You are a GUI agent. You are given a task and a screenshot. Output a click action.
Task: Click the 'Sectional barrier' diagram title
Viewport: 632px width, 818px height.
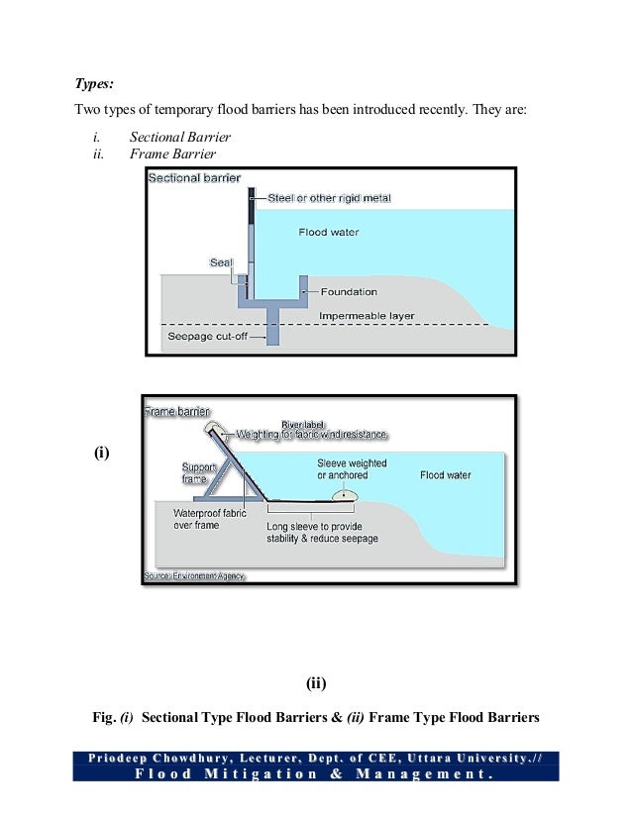tap(187, 178)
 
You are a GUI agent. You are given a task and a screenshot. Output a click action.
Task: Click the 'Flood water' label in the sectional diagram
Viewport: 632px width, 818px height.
tap(329, 234)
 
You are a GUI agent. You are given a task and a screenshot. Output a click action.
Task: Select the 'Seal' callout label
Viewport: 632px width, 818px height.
tap(219, 262)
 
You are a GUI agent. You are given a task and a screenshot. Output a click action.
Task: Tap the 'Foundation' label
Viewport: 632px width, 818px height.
tap(348, 292)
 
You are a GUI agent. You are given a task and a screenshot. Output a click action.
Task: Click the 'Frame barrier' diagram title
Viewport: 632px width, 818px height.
tap(177, 410)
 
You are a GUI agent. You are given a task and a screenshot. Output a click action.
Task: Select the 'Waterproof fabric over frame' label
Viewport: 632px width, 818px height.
tap(210, 519)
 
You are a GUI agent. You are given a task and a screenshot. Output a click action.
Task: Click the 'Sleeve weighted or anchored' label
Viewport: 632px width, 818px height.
tap(352, 468)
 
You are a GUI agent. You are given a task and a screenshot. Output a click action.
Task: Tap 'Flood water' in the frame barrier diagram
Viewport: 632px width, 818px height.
tap(446, 475)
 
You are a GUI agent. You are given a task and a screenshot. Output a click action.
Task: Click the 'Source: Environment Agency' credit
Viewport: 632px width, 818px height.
tap(193, 575)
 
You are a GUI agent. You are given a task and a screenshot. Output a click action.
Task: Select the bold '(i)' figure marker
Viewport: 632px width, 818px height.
tap(101, 454)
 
